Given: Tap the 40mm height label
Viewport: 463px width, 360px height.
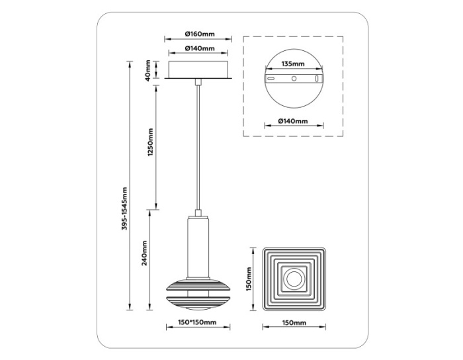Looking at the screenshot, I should point(148,69).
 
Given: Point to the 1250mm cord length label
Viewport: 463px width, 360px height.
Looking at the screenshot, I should point(149,143).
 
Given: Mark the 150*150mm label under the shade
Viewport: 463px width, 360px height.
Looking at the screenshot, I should point(198,322).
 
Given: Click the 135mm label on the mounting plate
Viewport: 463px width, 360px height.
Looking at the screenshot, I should point(292,64).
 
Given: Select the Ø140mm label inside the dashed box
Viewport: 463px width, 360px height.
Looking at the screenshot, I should point(292,121).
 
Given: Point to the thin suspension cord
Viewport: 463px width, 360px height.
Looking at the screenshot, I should point(198,146).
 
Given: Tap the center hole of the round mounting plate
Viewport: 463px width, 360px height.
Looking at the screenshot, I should point(293,78).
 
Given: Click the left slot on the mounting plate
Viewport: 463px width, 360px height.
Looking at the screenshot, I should point(271,78).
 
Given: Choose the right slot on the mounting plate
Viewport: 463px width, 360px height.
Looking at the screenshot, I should point(316,78).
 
